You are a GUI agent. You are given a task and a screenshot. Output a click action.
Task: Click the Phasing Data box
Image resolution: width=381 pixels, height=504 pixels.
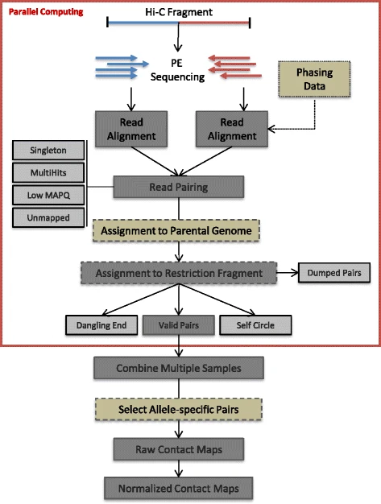point(314,79)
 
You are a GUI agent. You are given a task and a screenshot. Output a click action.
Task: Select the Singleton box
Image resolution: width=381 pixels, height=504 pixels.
point(48,150)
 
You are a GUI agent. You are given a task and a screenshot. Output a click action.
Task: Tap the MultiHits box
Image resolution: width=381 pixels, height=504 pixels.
point(48,172)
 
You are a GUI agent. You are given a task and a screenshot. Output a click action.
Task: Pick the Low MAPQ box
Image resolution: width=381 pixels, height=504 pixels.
point(48,195)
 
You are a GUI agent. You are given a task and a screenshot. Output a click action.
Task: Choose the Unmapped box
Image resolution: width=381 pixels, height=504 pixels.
point(48,217)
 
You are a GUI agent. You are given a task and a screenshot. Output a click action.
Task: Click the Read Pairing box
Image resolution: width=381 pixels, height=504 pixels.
point(179,187)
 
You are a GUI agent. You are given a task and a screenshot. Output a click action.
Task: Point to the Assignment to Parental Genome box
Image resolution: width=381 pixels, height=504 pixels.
point(176,231)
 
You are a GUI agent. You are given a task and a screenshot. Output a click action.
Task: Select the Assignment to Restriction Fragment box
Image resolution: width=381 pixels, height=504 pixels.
point(179,273)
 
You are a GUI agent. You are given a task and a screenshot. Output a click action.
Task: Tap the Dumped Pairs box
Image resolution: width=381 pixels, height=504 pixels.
point(334,273)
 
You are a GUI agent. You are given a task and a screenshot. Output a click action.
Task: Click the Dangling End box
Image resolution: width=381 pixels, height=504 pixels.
point(101,325)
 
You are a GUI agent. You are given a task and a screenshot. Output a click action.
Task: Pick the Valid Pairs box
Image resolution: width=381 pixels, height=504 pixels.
point(179,325)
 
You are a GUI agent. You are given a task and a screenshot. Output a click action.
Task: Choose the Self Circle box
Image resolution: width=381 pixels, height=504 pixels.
point(255,325)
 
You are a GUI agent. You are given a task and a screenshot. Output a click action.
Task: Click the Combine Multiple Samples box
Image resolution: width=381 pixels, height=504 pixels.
point(179,368)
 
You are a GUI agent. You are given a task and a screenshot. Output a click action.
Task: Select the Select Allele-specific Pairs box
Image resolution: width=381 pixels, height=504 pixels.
point(179,410)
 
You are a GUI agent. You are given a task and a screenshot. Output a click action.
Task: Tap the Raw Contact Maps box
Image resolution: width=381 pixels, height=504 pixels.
point(179,449)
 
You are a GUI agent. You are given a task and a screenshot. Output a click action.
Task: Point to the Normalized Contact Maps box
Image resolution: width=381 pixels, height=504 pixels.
point(179,489)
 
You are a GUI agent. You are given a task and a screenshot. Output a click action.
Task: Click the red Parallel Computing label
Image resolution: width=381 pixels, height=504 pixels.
point(46,12)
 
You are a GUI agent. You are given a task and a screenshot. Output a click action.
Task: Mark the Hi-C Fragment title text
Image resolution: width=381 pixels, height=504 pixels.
point(179,12)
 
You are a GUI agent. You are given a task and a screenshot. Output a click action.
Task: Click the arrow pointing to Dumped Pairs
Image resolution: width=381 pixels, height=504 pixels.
point(288,273)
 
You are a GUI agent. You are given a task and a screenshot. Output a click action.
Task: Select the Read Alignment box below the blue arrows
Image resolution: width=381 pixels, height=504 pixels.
point(131,129)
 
